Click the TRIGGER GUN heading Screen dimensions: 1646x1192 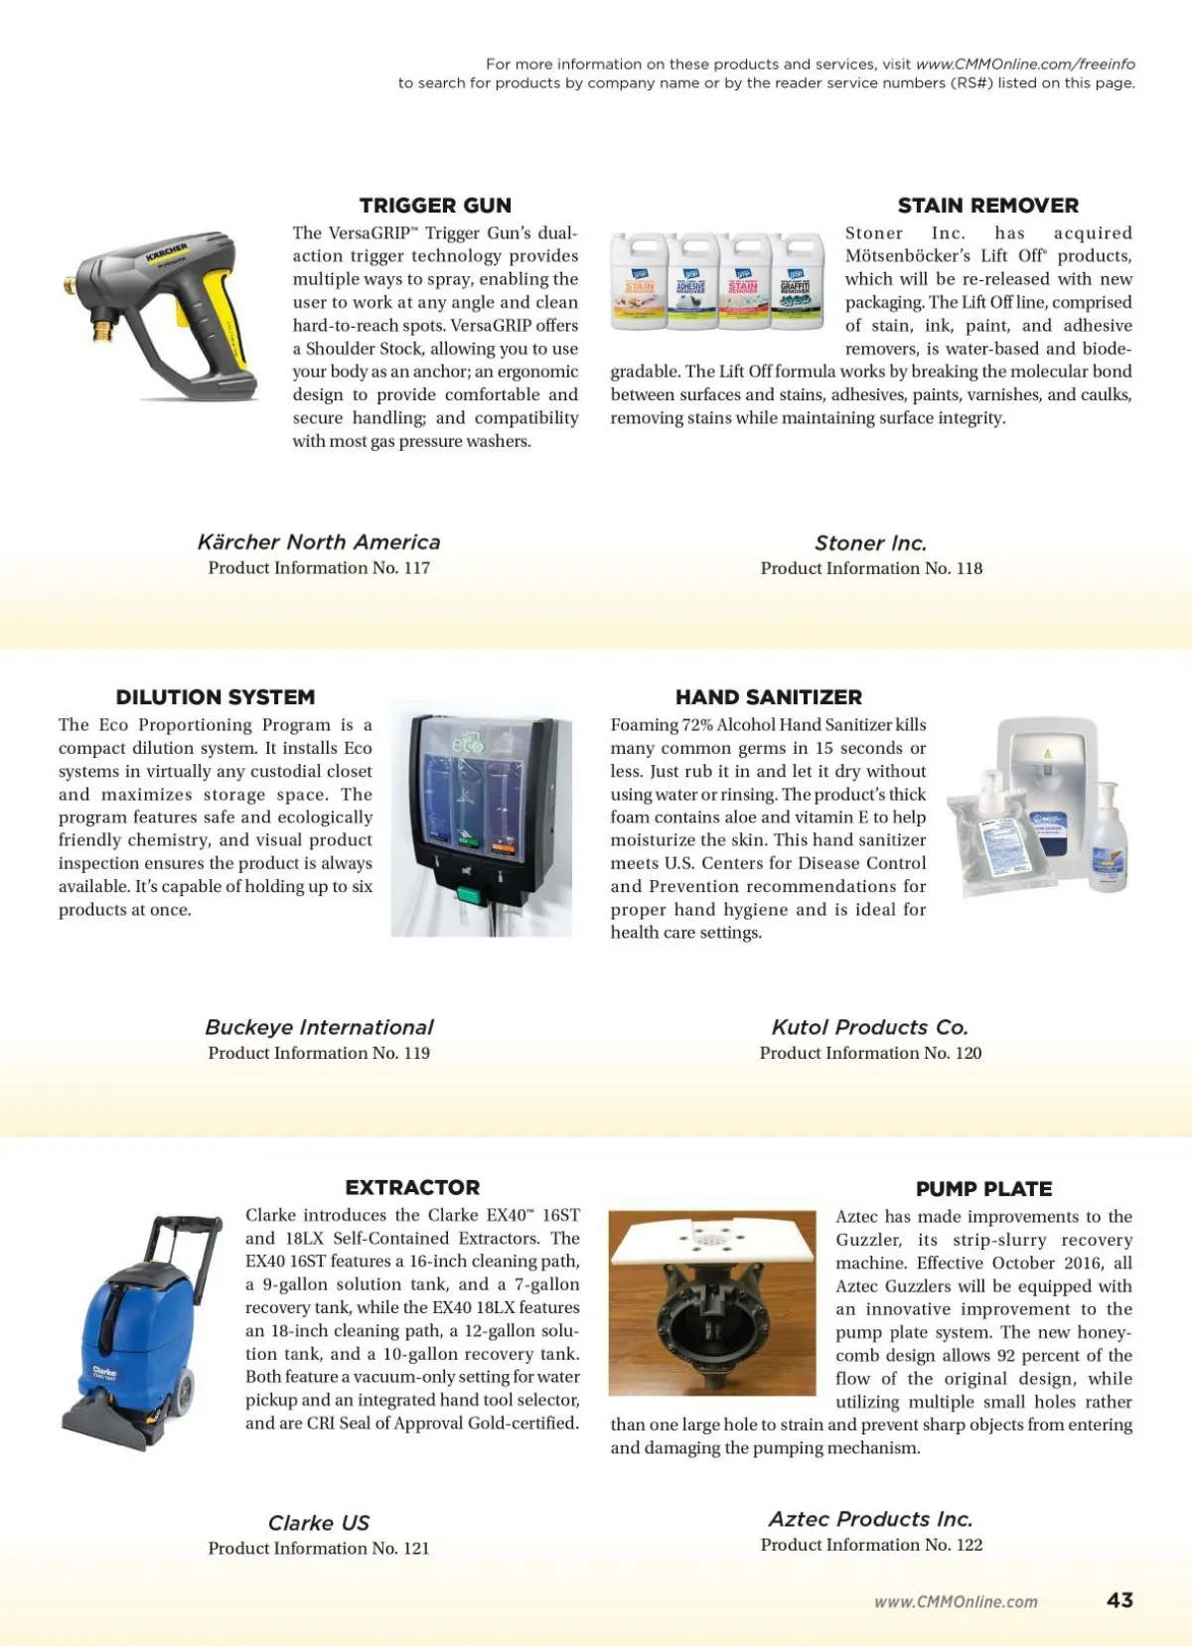click(435, 206)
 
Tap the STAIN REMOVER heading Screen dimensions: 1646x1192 click(987, 206)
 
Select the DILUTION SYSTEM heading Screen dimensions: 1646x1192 click(216, 697)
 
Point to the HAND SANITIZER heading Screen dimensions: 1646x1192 click(768, 697)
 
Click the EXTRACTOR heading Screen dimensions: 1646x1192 click(412, 1187)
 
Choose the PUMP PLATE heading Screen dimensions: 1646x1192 click(983, 1189)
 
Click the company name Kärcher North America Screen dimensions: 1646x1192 click(319, 542)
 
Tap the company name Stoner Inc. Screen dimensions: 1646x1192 click(870, 543)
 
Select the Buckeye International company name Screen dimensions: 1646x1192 click(319, 1027)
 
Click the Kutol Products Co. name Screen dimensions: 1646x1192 click(869, 1027)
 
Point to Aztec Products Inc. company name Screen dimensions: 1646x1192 click(870, 1519)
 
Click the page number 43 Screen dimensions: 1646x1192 click(1119, 1600)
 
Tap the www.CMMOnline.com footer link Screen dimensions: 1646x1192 click(956, 1601)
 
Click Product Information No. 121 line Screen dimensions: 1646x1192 click(319, 1548)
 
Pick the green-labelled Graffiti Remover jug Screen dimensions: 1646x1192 click(796, 281)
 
